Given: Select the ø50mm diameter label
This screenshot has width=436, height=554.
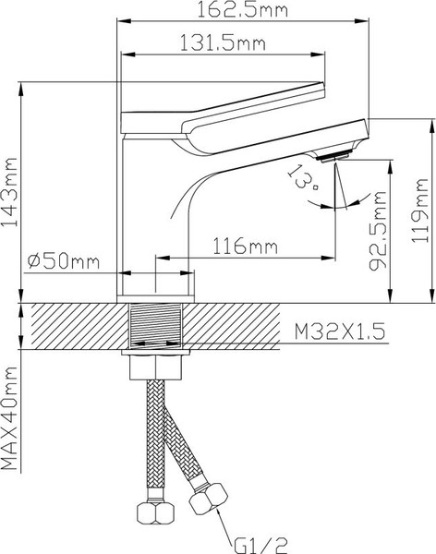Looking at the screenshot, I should [65, 261].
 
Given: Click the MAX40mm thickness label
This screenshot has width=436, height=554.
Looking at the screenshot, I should [11, 426].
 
